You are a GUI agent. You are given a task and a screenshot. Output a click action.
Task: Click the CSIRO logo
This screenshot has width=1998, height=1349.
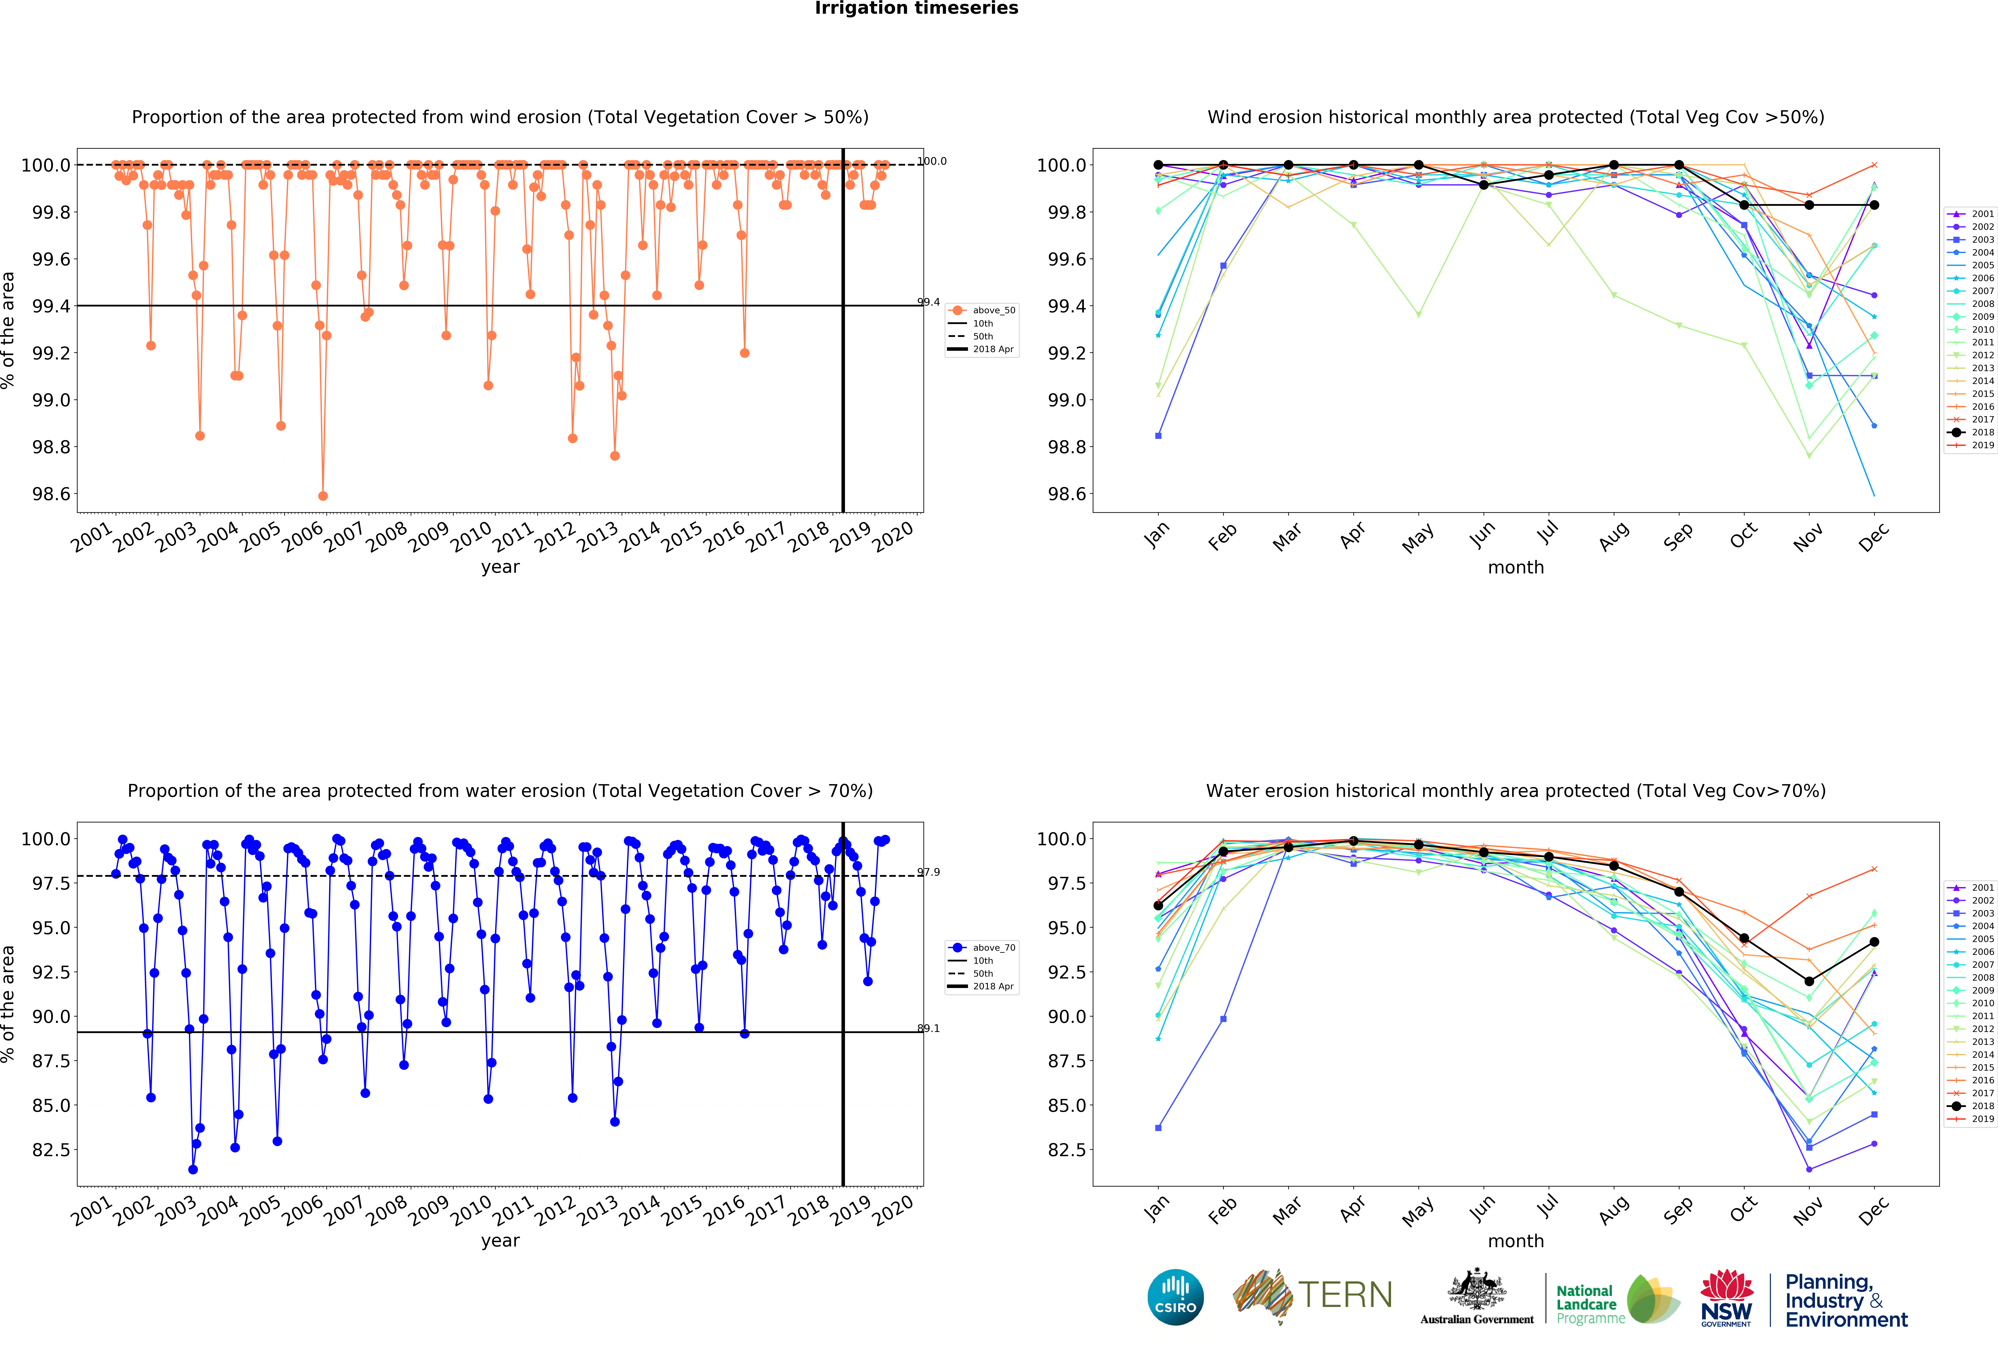1175,1297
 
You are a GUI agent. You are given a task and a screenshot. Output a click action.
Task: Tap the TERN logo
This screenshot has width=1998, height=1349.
1313,1295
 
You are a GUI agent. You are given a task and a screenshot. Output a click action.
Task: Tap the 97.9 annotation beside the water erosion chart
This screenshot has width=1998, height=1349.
929,872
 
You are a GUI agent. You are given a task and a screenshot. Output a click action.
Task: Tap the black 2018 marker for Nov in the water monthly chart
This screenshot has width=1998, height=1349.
1809,981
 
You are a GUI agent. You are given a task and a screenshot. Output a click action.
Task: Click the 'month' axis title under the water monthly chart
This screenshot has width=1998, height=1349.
1516,1241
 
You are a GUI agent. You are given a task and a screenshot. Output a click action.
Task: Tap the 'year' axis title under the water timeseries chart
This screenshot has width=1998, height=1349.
500,1241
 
